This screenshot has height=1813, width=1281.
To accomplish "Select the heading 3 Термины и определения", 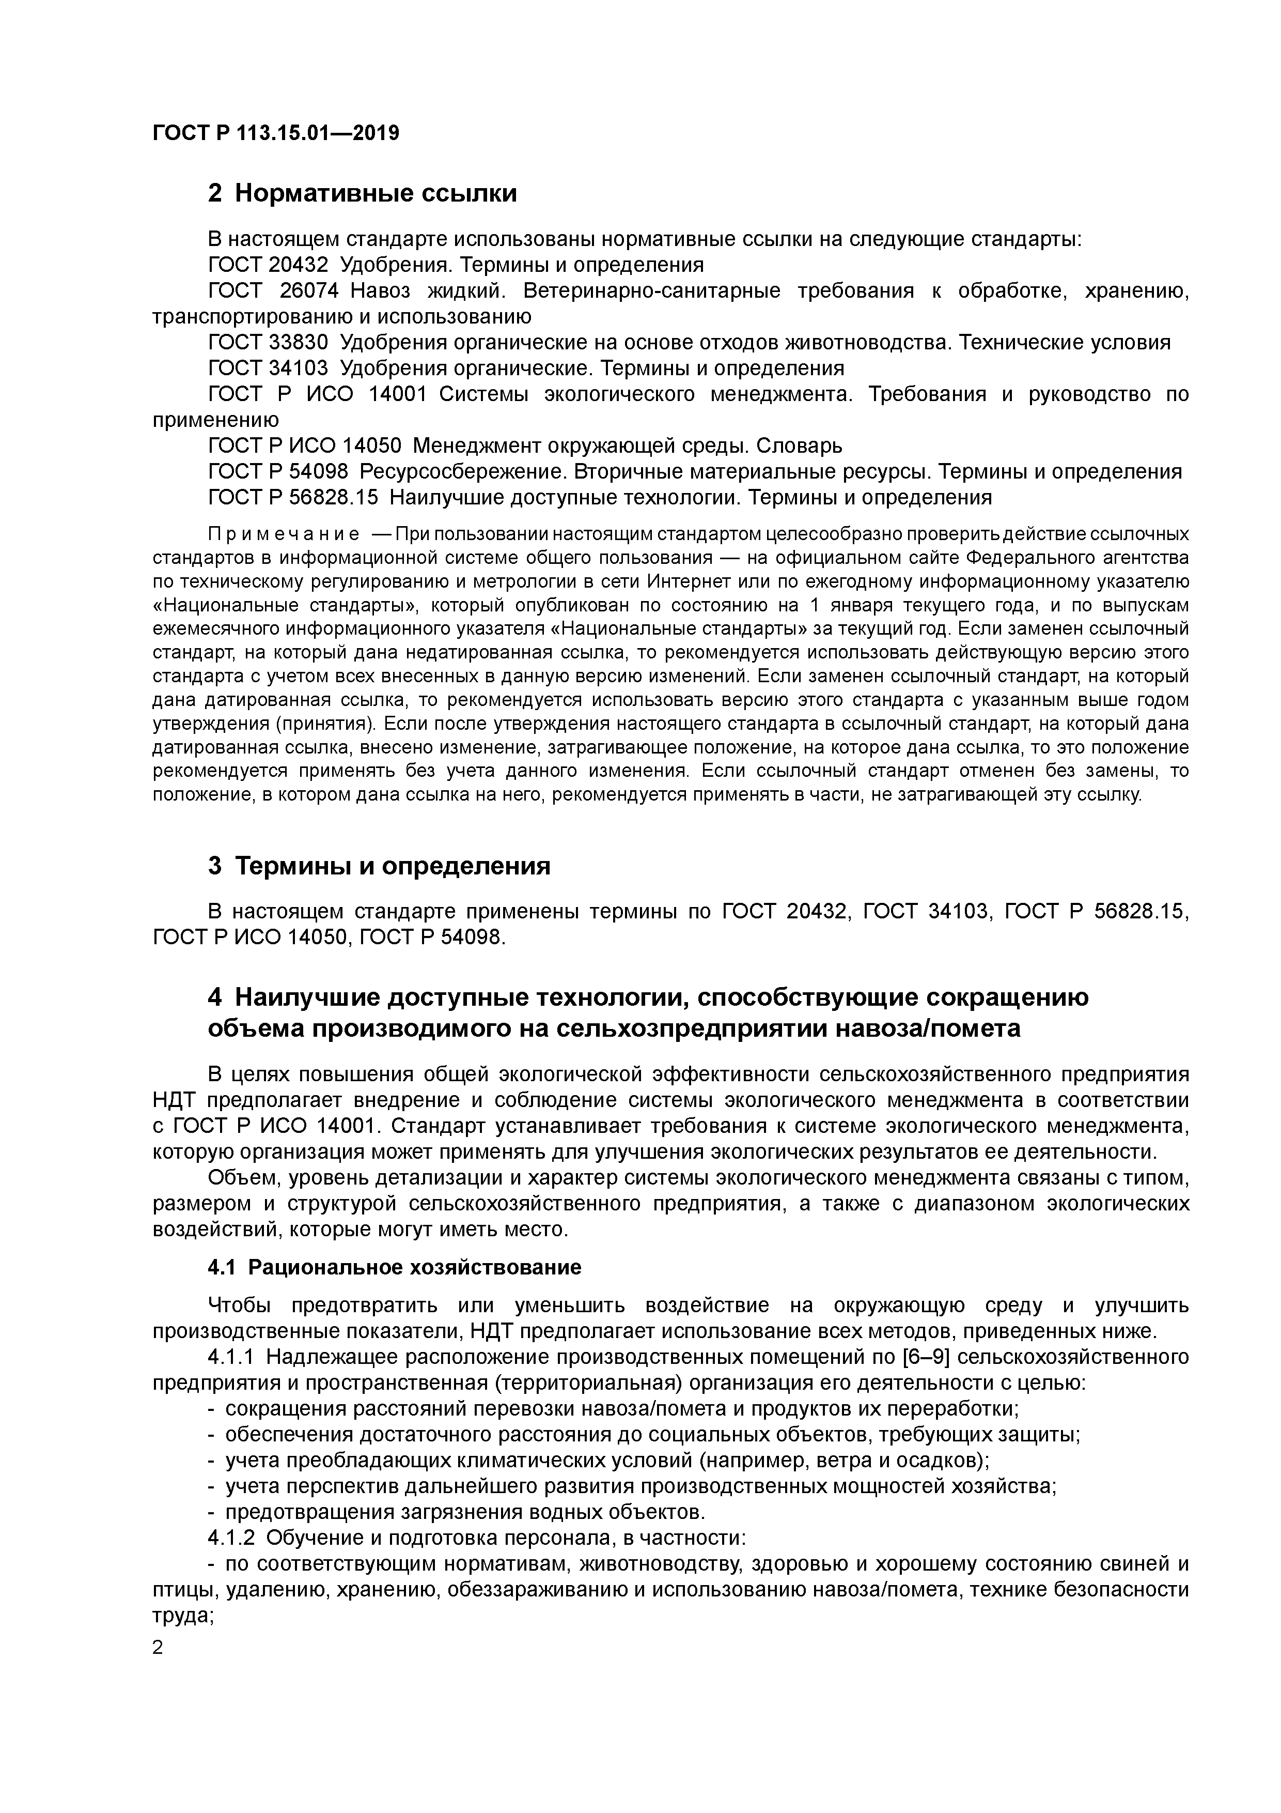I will pyautogui.click(x=379, y=866).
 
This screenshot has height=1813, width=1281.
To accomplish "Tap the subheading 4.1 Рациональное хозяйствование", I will pyautogui.click(x=395, y=1267).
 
